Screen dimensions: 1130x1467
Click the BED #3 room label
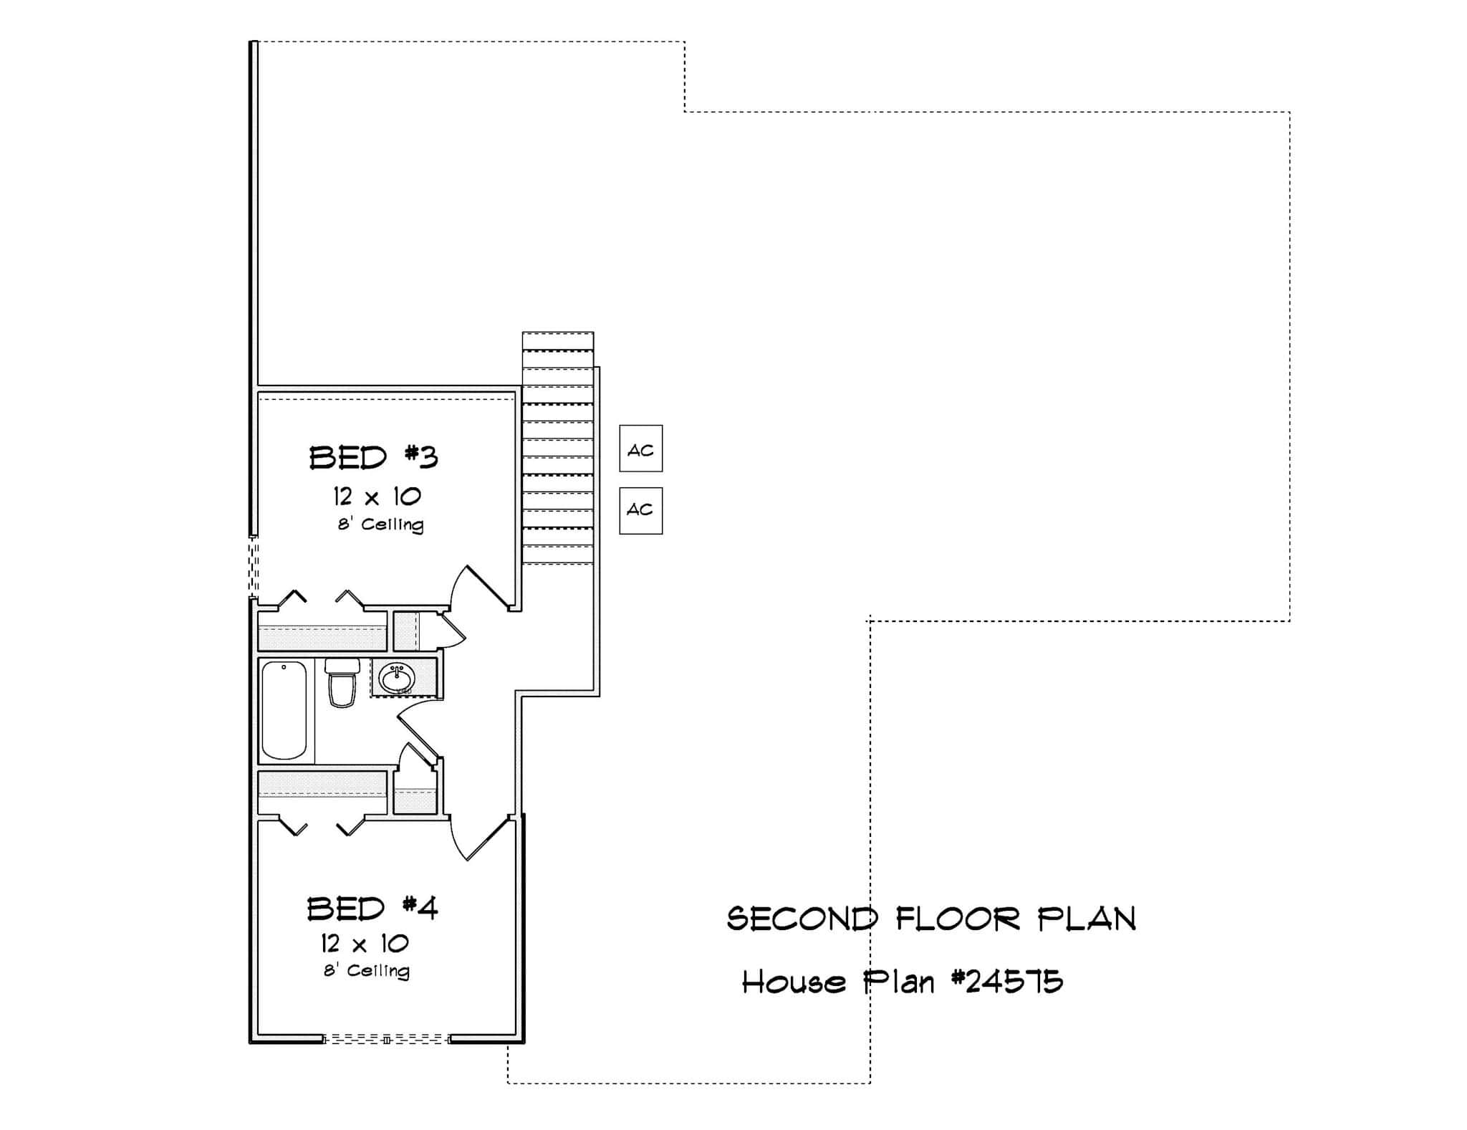tap(373, 458)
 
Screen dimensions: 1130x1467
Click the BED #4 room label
tap(372, 909)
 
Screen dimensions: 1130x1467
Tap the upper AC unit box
tap(640, 449)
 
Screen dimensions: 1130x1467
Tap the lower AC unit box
tap(640, 510)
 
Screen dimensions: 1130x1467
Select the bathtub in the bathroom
tap(284, 709)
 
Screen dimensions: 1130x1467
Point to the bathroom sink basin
tap(396, 677)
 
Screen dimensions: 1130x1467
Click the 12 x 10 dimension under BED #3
tap(377, 496)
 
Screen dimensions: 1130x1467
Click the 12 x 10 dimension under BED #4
tap(365, 943)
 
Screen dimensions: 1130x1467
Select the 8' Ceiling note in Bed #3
tap(381, 525)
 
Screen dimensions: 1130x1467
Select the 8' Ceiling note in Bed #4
tap(367, 971)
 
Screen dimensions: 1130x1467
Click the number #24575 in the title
tap(1008, 982)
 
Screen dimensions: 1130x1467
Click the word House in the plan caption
tap(793, 982)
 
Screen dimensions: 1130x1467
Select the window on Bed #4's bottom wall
tap(386, 1039)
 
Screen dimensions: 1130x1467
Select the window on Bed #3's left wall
tap(253, 568)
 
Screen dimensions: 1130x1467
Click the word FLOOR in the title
tap(958, 919)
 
